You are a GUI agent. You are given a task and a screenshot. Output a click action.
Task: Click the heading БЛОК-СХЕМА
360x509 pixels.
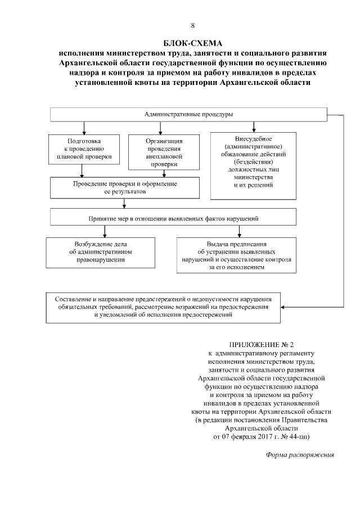point(192,43)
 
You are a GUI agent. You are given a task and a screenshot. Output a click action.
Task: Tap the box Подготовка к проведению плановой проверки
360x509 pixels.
point(84,148)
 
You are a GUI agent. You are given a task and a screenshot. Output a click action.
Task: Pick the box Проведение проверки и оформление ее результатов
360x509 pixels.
point(124,188)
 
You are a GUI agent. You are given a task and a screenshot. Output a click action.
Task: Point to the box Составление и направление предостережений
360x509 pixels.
point(163,308)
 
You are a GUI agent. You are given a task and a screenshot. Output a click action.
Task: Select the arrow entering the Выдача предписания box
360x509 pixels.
point(240,233)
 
